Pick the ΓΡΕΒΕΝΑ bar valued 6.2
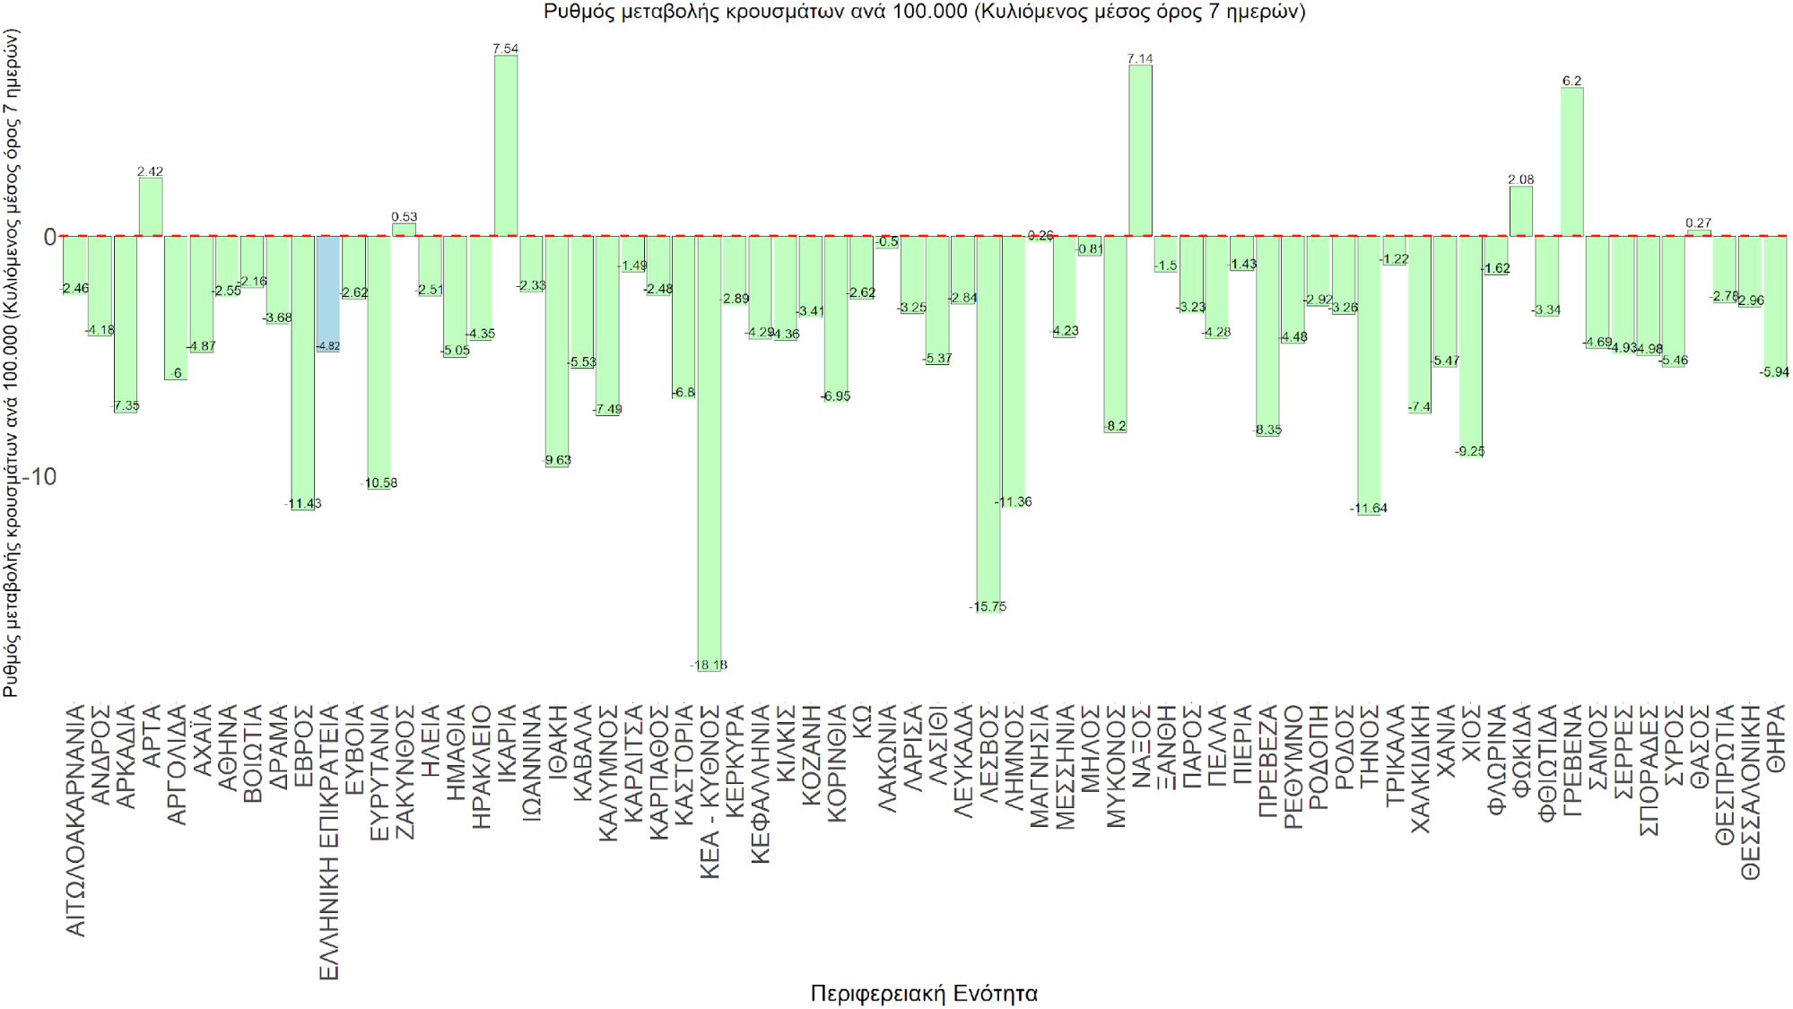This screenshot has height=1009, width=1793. (x=1571, y=161)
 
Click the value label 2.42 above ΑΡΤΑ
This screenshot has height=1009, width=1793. (x=150, y=171)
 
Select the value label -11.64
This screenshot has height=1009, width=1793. (x=1369, y=509)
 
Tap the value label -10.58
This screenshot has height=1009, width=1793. (x=379, y=483)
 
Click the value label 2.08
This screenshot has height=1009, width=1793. (x=1521, y=179)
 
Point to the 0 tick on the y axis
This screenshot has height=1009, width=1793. (x=49, y=237)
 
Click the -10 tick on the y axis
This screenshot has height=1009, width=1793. (x=39, y=476)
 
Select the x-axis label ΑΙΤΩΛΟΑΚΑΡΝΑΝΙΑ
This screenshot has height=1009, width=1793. (x=76, y=820)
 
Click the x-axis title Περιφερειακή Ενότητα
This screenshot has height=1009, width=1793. (x=923, y=993)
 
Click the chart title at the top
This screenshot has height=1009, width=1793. (x=924, y=12)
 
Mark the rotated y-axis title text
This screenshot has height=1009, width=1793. (x=11, y=363)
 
